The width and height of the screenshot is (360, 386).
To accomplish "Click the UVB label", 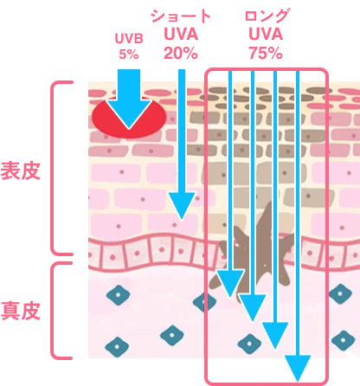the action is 129,38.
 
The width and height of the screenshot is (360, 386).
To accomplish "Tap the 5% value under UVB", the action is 129,55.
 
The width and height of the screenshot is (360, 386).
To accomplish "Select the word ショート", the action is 181,16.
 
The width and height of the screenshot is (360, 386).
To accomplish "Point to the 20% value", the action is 181,54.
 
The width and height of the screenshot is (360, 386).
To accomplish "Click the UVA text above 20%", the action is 181,35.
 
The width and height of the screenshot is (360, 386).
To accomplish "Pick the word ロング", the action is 267,16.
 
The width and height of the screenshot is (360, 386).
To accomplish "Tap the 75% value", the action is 266,54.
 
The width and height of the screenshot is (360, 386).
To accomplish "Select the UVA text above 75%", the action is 266,35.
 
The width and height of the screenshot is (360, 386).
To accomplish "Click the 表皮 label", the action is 20,171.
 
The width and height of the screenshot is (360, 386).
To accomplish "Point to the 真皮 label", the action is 20,311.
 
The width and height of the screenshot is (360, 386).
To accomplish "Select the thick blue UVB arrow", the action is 129,99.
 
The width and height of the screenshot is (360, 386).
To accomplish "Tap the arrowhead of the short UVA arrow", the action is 182,204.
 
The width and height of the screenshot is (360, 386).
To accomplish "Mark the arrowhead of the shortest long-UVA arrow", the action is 230,282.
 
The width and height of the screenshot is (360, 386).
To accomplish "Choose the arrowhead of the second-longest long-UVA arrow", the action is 275,335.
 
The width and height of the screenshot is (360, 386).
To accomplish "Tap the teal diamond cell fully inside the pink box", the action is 249,344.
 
